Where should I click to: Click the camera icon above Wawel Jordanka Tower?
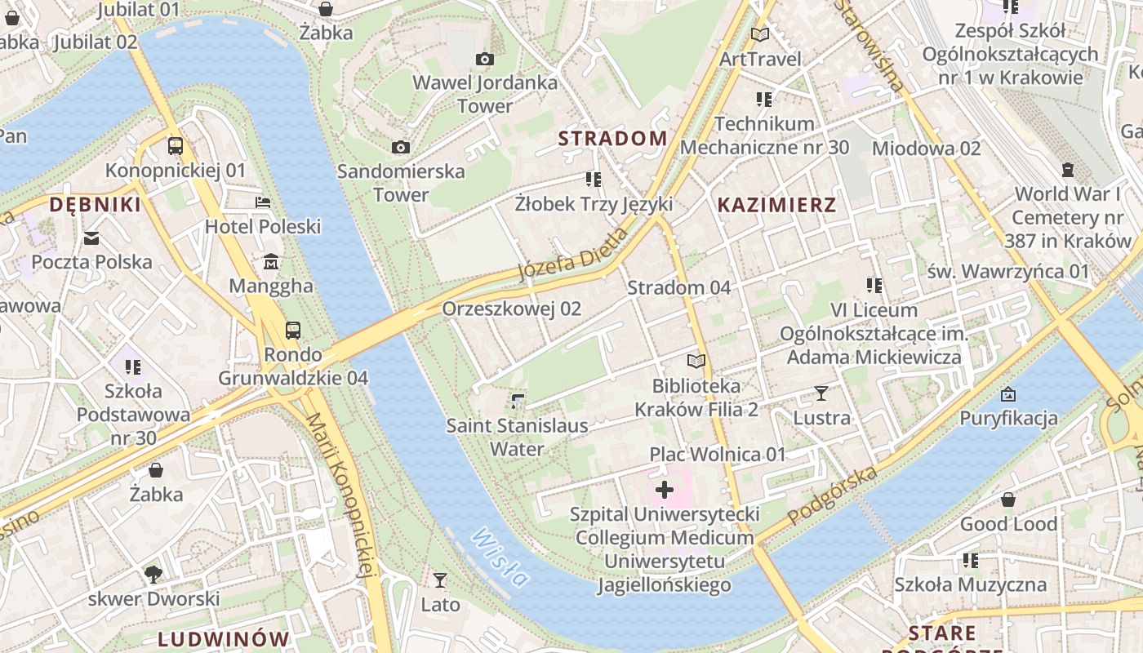pos(484,59)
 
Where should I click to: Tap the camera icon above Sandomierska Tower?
pos(400,147)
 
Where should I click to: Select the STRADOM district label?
pos(613,138)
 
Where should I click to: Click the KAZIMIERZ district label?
pos(776,205)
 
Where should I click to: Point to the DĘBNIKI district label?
pos(95,204)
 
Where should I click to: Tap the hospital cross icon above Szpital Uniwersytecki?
pos(665,490)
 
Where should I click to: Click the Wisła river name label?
pos(500,557)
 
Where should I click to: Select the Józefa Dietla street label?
pos(574,255)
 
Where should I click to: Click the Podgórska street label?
pos(833,495)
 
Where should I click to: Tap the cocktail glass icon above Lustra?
pos(821,393)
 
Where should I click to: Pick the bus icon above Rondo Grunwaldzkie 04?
pos(292,331)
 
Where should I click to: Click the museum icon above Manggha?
pos(271,262)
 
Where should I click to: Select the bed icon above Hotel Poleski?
pos(263,202)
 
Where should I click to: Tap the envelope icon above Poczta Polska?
pos(91,238)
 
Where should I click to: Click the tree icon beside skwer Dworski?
pos(153,575)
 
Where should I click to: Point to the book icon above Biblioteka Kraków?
pos(696,361)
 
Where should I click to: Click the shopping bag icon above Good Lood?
pos(1008,500)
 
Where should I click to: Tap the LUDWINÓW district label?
pos(224,638)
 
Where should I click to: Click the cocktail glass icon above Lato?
pos(440,580)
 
